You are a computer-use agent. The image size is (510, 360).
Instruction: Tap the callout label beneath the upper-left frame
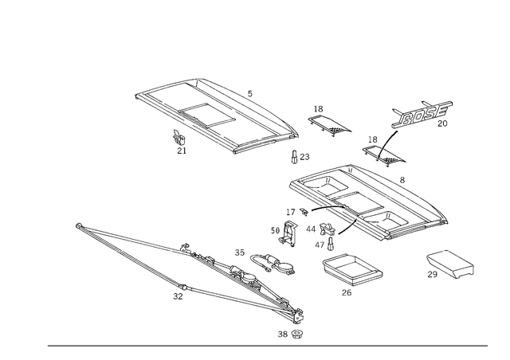(x=178, y=143)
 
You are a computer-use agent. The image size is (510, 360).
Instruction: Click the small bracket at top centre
(x=327, y=121)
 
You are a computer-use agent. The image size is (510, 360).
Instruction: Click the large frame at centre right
(x=367, y=199)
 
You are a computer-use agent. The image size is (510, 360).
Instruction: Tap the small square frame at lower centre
(x=351, y=270)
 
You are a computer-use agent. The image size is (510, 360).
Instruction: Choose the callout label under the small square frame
(x=344, y=292)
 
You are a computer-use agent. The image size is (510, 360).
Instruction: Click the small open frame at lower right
(x=450, y=264)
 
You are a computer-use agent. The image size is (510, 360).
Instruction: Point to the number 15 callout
(x=238, y=252)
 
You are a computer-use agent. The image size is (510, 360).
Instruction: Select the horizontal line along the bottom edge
(x=267, y=345)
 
